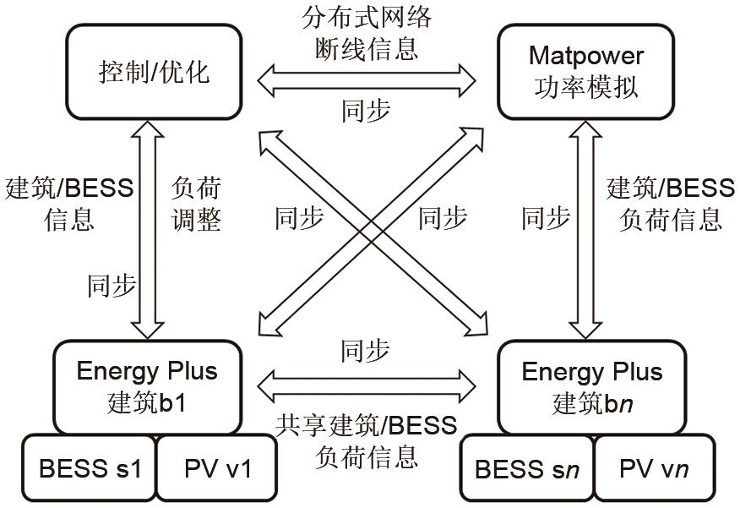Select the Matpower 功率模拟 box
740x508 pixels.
point(586,71)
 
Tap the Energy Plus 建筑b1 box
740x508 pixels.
point(147,386)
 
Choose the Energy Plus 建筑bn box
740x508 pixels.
point(591,386)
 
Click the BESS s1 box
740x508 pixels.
point(88,467)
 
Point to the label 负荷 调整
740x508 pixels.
point(196,204)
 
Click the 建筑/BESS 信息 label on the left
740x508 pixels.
point(69,204)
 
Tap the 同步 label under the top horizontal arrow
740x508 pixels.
point(366,111)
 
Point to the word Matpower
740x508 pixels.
point(586,56)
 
